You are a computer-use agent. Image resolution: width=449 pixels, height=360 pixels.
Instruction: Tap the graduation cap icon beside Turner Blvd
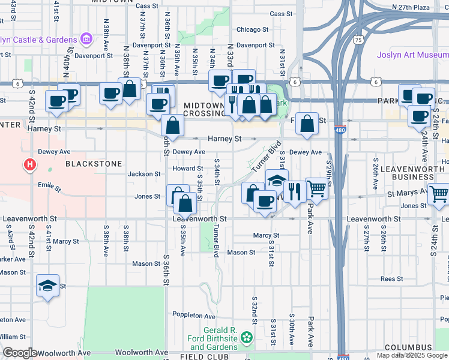[277, 180]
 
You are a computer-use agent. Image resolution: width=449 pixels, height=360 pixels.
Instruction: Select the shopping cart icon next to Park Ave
[316, 188]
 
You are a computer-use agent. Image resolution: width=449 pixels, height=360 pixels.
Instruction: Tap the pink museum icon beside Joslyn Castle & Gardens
[86, 40]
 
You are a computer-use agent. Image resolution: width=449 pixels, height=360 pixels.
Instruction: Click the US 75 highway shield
[358, 40]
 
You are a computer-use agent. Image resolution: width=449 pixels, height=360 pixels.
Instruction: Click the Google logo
[20, 353]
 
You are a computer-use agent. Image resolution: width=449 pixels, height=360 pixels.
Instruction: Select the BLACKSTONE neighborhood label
[94, 164]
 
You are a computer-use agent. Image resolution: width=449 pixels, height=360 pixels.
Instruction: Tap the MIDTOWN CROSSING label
[204, 109]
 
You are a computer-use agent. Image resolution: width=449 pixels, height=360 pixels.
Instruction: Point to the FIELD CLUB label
[197, 356]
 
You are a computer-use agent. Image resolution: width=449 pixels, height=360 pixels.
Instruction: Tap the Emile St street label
[49, 187]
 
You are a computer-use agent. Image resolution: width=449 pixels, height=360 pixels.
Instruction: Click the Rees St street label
[391, 279]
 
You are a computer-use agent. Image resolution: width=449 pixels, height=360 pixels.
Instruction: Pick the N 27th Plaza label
[411, 7]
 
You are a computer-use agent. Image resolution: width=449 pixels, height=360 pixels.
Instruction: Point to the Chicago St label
[252, 29]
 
